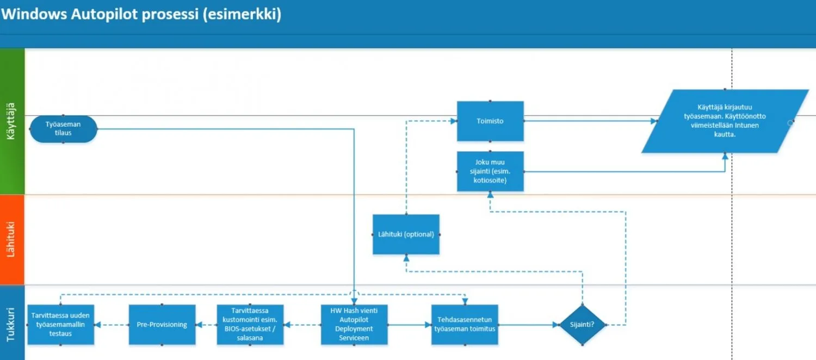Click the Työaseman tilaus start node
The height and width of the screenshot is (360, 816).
(x=63, y=129)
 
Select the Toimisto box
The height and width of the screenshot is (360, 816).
(x=490, y=121)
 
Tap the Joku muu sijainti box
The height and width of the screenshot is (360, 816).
(x=490, y=171)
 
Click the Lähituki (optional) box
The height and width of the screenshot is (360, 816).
(x=406, y=234)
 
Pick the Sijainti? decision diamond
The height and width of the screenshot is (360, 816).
(x=582, y=325)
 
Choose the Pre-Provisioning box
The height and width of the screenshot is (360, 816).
(x=162, y=325)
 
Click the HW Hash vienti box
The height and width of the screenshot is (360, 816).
(x=354, y=325)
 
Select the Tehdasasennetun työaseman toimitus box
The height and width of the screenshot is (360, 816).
(x=465, y=325)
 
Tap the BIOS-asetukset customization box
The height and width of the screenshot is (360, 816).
(x=250, y=325)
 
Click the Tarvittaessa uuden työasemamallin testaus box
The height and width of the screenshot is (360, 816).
(x=60, y=325)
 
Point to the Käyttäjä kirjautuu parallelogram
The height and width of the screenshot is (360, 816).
(x=717, y=121)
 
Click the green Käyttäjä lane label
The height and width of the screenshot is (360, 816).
(x=12, y=121)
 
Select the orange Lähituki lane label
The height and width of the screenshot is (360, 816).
(x=12, y=239)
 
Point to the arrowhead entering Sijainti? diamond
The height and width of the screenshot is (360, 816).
(x=556, y=325)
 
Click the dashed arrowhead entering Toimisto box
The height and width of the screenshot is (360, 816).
(x=453, y=121)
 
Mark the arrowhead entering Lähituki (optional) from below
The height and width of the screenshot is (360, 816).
(x=406, y=258)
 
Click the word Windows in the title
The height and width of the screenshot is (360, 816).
(x=34, y=14)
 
